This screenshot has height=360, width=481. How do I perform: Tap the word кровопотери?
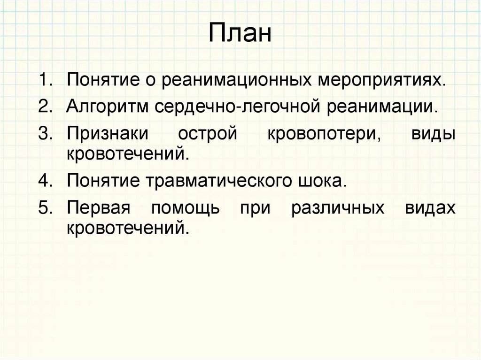coord(324,134)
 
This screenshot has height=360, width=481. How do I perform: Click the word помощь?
coord(186,208)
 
